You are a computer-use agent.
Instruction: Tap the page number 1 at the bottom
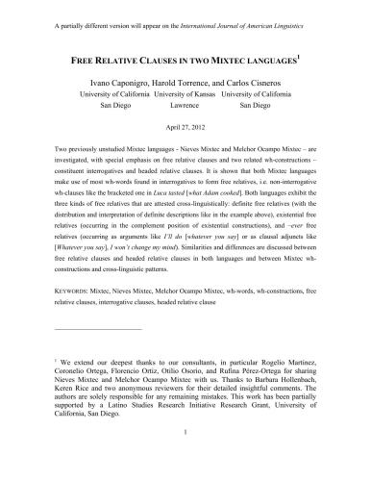point(185,460)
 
